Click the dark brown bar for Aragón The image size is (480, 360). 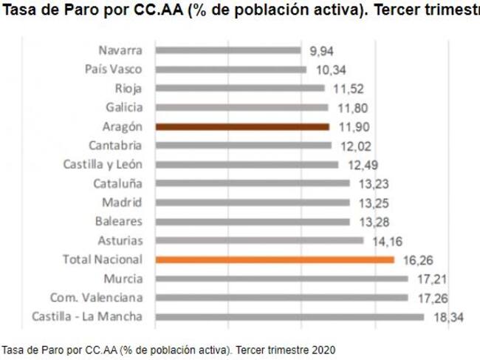click(242, 126)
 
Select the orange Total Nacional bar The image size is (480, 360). click(275, 259)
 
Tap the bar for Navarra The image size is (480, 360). click(228, 50)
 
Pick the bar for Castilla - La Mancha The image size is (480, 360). click(289, 317)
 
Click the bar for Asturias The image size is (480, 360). click(259, 240)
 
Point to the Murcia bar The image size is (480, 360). click(281, 279)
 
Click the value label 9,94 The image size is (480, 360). click(323, 50)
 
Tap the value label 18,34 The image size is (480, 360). click(446, 317)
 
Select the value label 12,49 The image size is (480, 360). click(360, 164)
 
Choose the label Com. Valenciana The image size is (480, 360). click(97, 298)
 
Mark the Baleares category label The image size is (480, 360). click(119, 221)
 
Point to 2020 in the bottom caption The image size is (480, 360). click(322, 348)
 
